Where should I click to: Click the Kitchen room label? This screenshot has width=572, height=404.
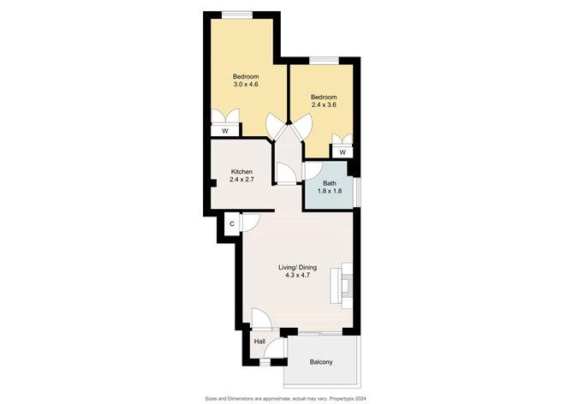pos(241,172)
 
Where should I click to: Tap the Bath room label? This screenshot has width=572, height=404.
pos(330,183)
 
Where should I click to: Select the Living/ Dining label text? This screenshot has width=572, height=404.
pos(298,268)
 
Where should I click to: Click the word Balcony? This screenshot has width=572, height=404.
pos(321,362)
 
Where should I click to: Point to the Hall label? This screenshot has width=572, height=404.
pos(259,342)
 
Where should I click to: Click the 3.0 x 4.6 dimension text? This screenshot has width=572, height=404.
pos(246,84)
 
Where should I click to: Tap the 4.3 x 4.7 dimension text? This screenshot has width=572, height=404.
pos(298,277)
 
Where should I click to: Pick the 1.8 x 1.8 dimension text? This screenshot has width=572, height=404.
pos(330,192)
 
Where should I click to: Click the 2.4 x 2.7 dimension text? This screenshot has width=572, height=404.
pos(241,181)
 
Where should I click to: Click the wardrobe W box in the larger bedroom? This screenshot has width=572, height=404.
pos(225,131)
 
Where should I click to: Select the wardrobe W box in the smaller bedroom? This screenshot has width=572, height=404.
pos(342,151)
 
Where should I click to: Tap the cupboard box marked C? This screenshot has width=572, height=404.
pos(231,224)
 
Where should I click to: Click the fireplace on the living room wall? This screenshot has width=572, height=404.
pos(347,282)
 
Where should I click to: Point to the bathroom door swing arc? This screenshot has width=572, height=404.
pos(313,170)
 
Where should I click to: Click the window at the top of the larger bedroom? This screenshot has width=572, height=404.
pos(236,15)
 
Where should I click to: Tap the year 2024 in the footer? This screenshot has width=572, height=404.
pos(362,397)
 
